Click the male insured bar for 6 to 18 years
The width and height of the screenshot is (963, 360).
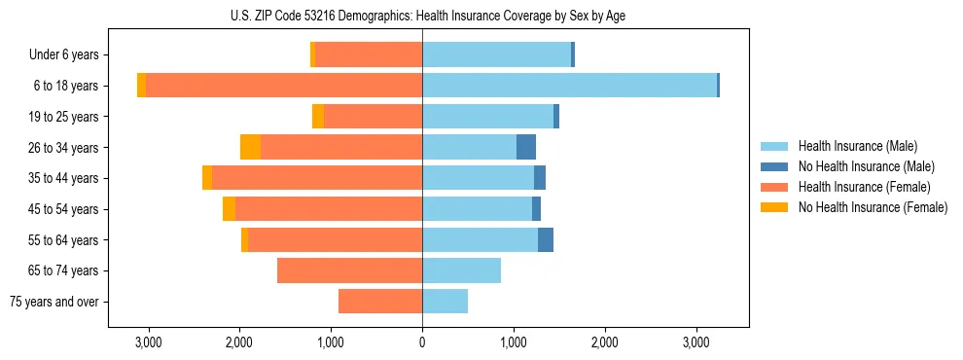point(569,86)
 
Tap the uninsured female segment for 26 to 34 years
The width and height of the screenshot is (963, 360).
point(250,147)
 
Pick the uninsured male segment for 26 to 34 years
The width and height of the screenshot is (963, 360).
point(526,147)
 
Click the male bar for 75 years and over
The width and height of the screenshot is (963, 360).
point(445,302)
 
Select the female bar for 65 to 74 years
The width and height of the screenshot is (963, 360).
point(349,270)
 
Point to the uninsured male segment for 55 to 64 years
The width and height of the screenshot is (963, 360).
point(546,239)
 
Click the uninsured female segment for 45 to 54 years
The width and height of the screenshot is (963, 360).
point(229,209)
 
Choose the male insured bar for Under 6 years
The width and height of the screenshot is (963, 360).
point(496,54)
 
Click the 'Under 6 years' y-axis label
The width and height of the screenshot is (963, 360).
point(64,55)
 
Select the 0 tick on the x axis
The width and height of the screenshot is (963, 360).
point(422,342)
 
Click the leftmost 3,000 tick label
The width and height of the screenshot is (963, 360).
point(148,342)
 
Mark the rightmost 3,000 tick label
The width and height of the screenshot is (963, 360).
point(695,342)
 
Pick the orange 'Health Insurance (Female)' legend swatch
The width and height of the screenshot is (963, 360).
point(774,187)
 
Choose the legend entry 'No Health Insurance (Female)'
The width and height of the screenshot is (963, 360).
point(872,207)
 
